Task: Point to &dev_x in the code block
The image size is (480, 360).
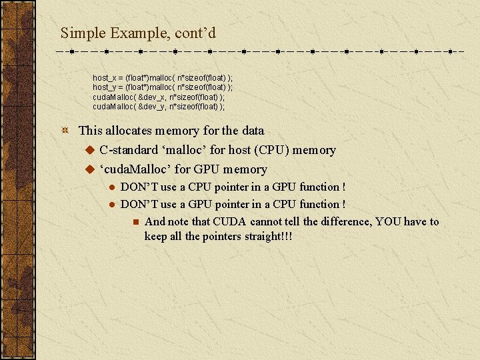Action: coord(153,97)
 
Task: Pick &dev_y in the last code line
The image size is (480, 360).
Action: coord(153,107)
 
